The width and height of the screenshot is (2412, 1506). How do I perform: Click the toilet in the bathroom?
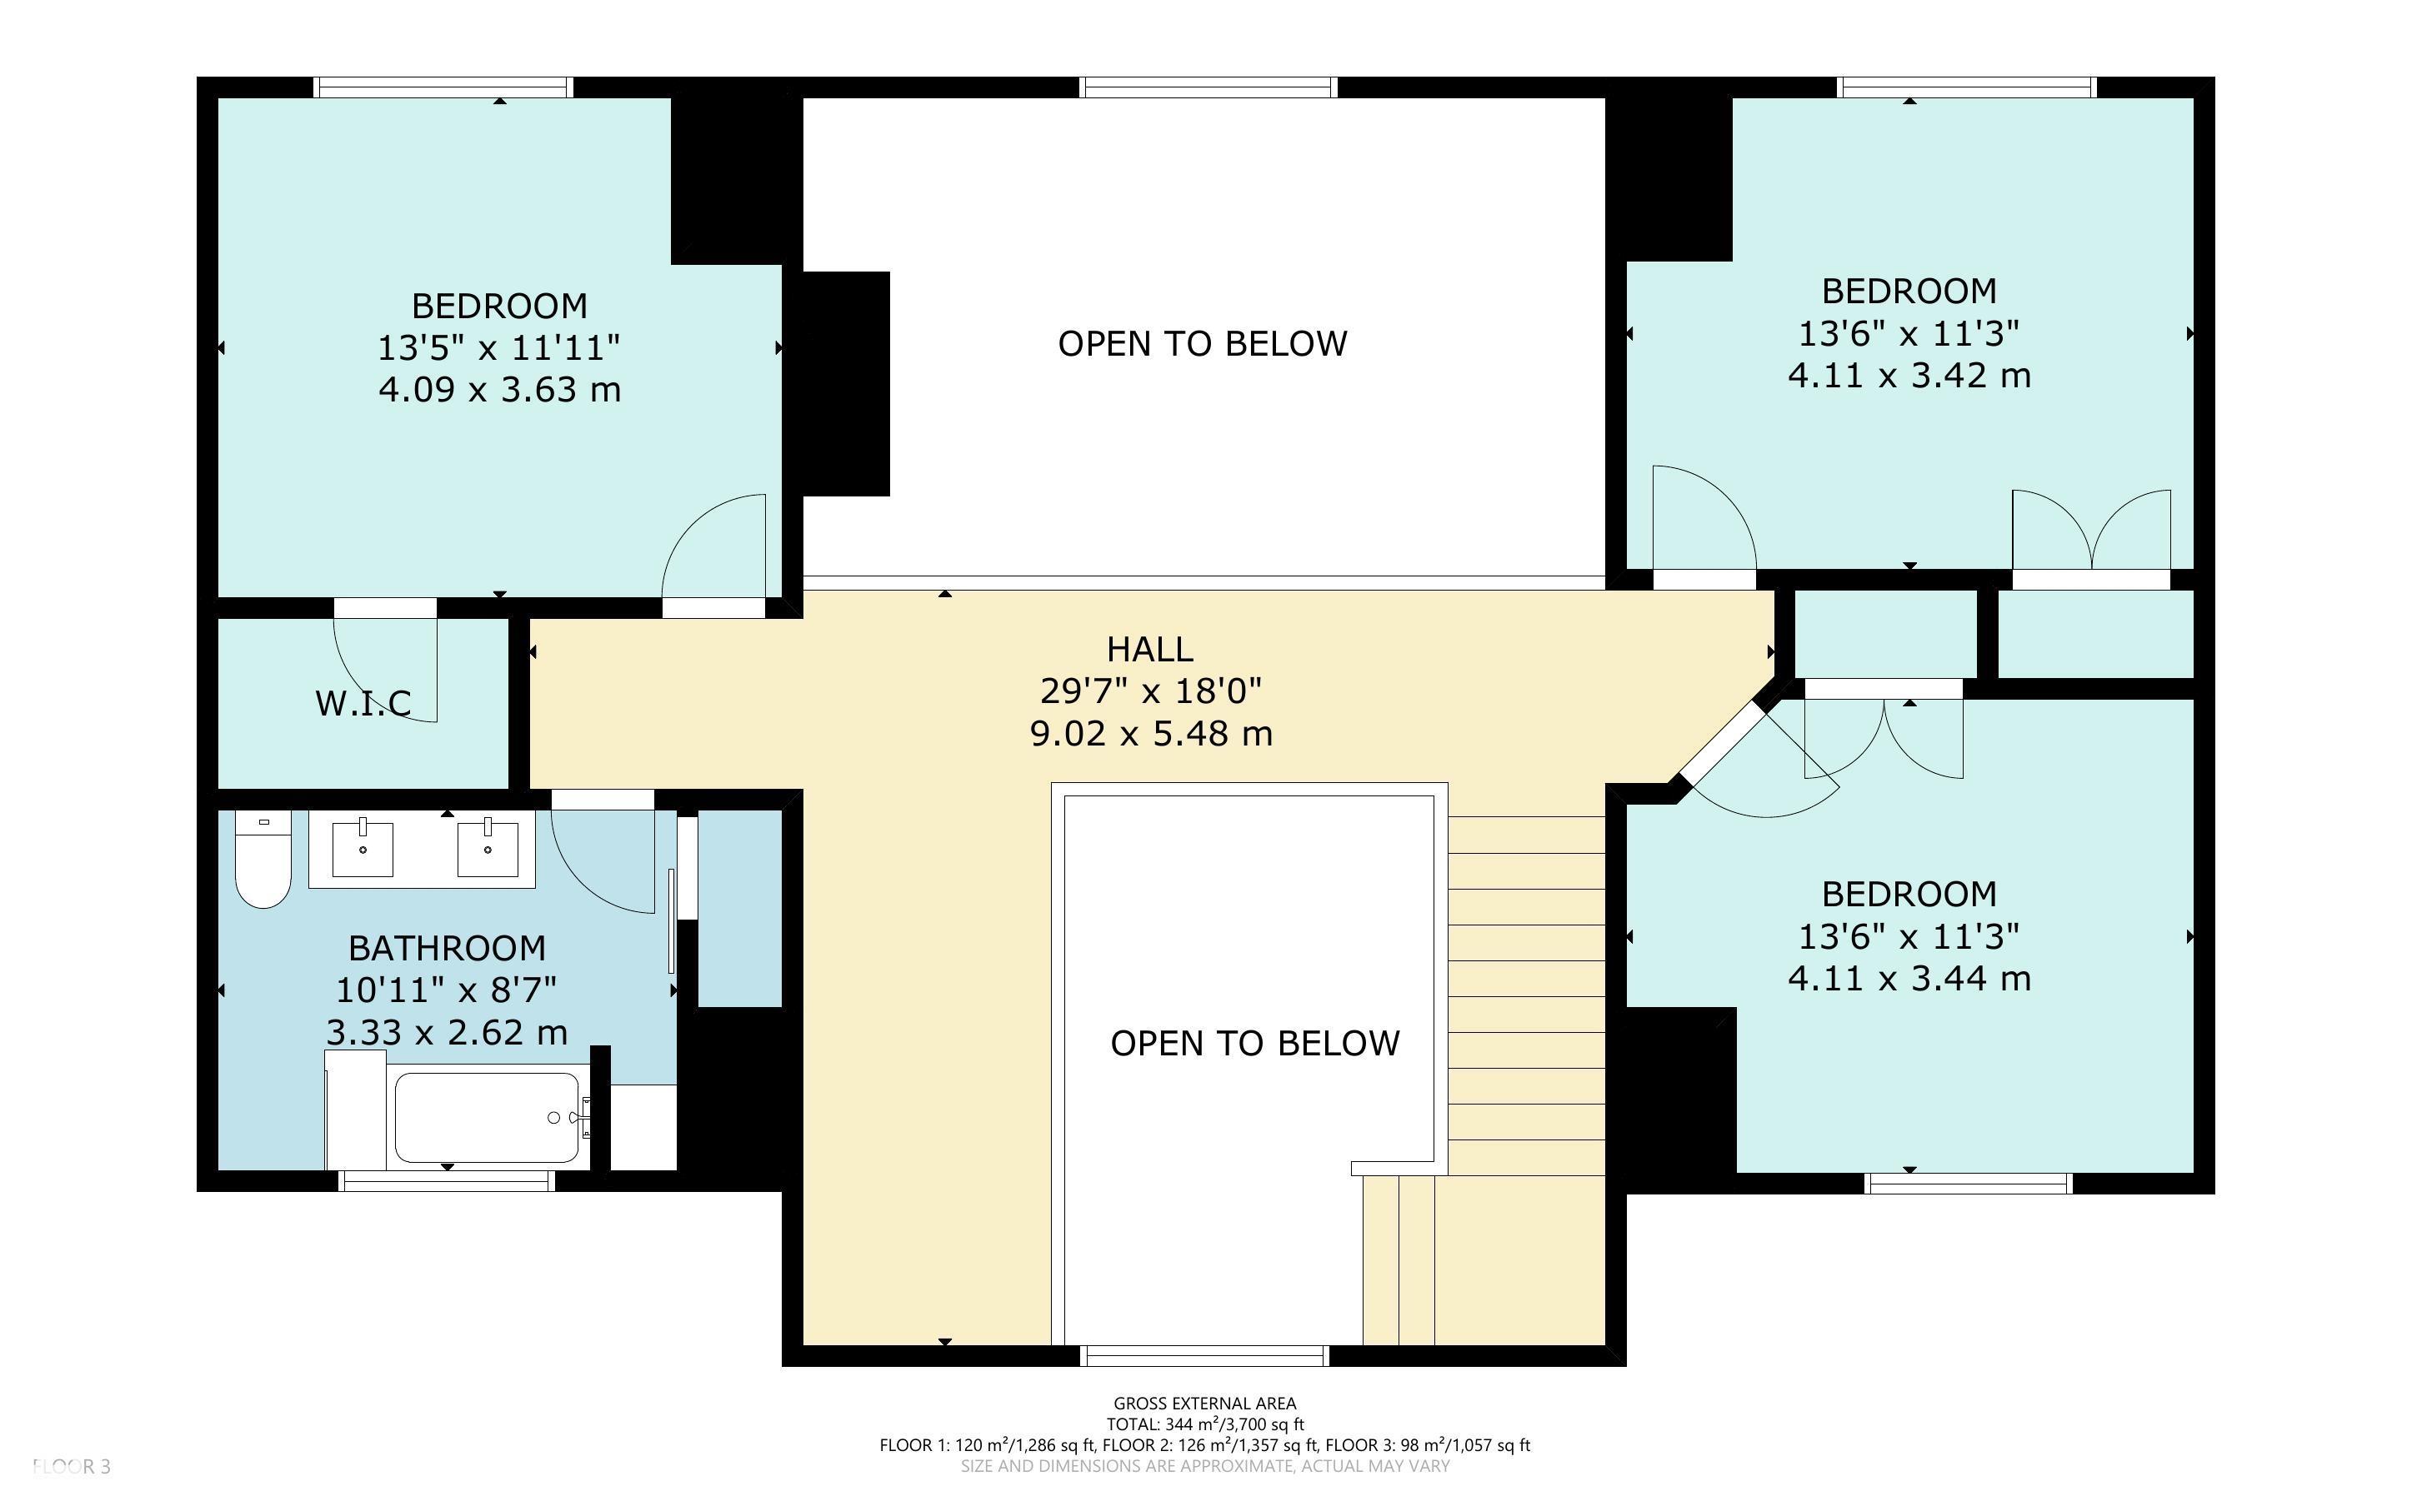263,859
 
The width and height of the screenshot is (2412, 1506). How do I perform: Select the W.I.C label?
363,703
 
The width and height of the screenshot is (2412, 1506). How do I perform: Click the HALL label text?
1149,650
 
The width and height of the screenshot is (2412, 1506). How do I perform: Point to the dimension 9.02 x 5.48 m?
1151,734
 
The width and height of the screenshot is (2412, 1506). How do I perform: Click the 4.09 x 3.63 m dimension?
499,390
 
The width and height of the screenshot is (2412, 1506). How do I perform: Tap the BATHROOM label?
447,947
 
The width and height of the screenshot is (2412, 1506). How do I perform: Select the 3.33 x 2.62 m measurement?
447,1032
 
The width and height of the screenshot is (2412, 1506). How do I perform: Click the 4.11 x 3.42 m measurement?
1909,376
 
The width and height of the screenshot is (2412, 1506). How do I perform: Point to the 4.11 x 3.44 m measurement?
1909,979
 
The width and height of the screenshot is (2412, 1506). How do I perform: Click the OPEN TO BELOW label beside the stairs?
1254,1043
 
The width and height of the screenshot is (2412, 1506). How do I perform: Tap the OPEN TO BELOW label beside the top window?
1203,344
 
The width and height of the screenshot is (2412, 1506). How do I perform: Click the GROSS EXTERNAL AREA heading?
1204,1404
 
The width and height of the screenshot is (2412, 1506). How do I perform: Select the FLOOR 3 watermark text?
72,1466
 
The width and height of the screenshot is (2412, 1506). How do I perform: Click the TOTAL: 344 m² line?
1204,1424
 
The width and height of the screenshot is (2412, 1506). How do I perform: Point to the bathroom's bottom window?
447,1181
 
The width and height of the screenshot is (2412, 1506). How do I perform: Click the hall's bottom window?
1204,1355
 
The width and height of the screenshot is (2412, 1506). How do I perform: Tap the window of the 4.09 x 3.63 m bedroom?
444,87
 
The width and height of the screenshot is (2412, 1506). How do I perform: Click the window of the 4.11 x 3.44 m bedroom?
1969,1184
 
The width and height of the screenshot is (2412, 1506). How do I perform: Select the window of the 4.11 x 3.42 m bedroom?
1967,87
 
